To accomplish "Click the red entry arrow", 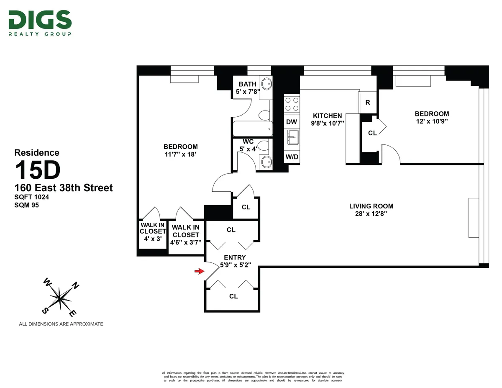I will (199, 272).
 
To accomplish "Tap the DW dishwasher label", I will (292, 122).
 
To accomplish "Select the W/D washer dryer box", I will (292, 157).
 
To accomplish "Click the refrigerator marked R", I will (368, 102).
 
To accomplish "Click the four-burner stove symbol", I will (292, 104).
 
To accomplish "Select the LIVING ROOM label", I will (371, 206).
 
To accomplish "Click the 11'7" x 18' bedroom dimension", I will (180, 154).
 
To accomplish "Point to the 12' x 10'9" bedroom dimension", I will (432, 121).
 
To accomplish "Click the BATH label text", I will (247, 84).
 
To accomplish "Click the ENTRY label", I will (235, 257).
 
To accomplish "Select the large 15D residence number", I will (38, 170).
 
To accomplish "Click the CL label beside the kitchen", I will (372, 133).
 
